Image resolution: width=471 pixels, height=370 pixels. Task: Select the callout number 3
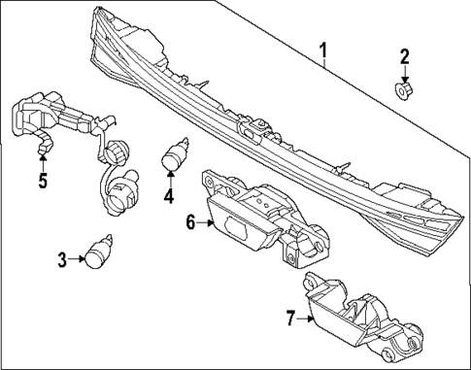[62, 258]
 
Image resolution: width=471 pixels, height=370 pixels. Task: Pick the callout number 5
[42, 180]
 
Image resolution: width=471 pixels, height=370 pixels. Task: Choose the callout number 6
[191, 222]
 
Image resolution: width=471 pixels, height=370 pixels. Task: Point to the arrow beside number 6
[207, 222]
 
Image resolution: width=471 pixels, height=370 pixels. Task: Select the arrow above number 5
[42, 160]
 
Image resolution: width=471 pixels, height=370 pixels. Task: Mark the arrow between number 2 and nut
[404, 74]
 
